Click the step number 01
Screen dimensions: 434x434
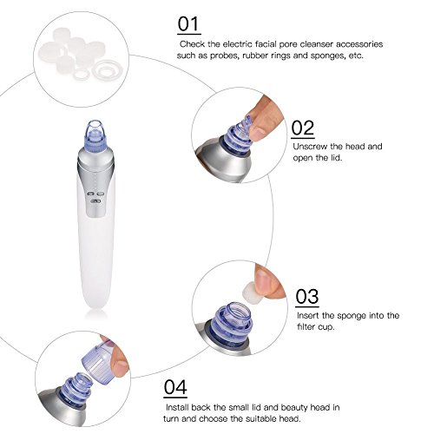click(x=188, y=23)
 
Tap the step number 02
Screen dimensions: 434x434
click(x=303, y=128)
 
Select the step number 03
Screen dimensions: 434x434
click(x=307, y=296)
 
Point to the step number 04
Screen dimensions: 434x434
click(x=175, y=387)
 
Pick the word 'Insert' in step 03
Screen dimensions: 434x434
click(x=308, y=315)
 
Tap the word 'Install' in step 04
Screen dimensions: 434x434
click(x=177, y=407)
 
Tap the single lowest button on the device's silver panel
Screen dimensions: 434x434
click(x=95, y=201)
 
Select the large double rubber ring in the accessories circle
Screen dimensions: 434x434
click(x=107, y=71)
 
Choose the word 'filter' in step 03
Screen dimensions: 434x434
click(x=306, y=327)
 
